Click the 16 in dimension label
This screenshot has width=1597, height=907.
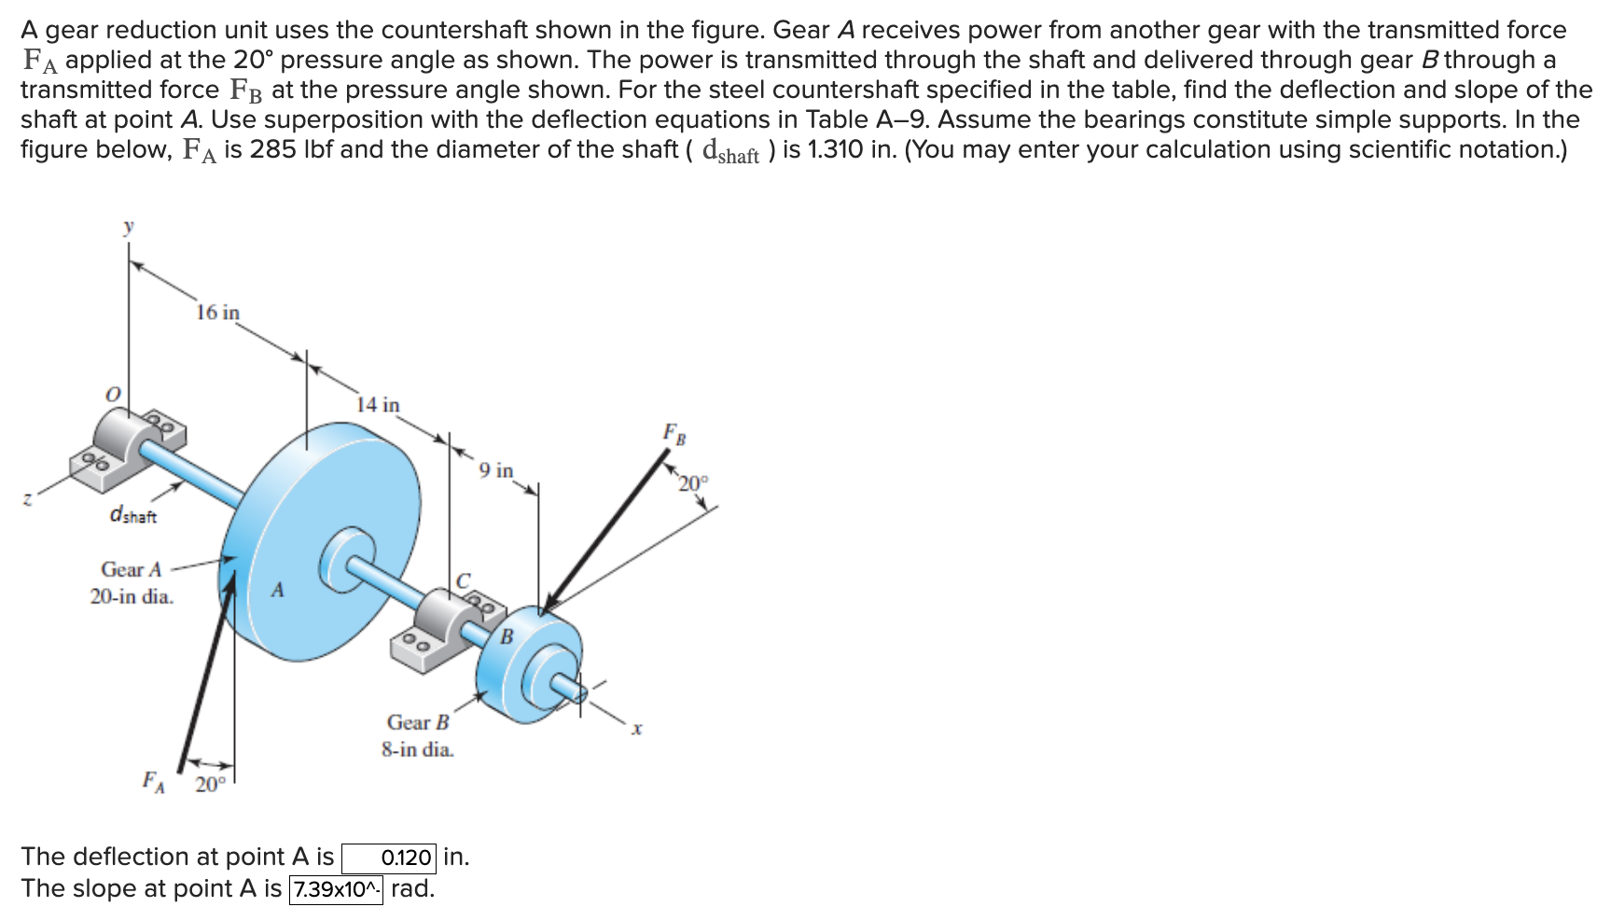(217, 313)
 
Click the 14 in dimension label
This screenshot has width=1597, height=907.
(378, 405)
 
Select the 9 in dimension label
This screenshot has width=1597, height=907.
(496, 470)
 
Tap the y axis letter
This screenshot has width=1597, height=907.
(129, 226)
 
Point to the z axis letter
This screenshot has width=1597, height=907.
(28, 500)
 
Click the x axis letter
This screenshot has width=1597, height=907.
(637, 729)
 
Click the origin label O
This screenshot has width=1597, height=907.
(112, 395)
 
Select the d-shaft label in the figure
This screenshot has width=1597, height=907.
(133, 515)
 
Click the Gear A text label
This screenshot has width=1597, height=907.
(131, 569)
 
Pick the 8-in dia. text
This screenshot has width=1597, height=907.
(417, 749)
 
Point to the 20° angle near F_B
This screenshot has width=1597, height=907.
(693, 483)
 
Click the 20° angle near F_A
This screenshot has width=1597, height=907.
(210, 785)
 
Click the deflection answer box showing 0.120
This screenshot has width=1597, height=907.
(389, 858)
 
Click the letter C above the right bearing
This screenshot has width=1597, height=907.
(464, 580)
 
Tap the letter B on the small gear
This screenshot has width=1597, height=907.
(507, 637)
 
